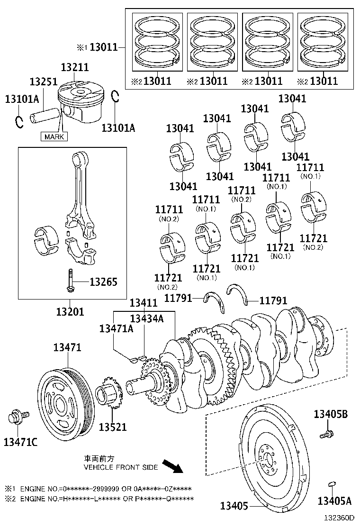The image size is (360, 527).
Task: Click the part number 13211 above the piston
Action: pyautogui.click(x=74, y=68)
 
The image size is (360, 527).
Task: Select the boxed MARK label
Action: pyautogui.click(x=54, y=136)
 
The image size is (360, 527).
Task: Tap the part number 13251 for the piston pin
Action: pyautogui.click(x=44, y=82)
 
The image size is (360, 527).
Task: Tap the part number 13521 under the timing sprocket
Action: pyautogui.click(x=113, y=427)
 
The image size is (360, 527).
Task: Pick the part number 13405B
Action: pyautogui.click(x=330, y=414)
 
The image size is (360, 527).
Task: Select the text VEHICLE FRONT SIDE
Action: pyautogui.click(x=121, y=467)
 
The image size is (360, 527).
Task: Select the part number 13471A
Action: pyautogui.click(x=116, y=328)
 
